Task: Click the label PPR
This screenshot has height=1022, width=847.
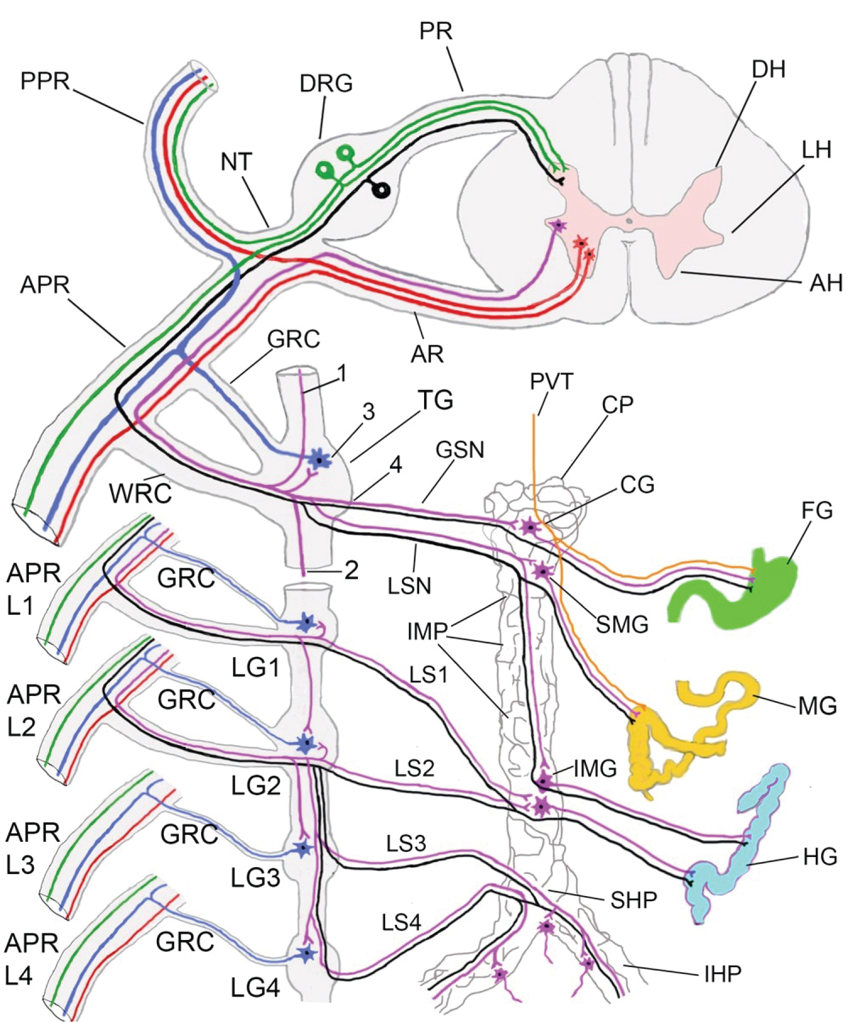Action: coord(45,81)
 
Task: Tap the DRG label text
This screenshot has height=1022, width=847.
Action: coord(326,84)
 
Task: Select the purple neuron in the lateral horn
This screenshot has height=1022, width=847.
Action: coord(558,225)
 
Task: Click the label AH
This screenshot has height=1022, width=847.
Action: coord(825,282)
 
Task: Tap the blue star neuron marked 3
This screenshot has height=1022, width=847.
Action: coord(320,460)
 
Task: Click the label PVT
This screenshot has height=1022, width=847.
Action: coord(551,382)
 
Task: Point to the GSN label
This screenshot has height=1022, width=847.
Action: coord(460,450)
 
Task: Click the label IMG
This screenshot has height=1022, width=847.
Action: coord(595,768)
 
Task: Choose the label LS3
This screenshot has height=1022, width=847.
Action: coord(405,843)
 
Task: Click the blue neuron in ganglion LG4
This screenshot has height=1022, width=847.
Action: coord(307,954)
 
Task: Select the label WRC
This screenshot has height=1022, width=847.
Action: coord(141,493)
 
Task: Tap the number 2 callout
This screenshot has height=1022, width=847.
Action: coord(351,571)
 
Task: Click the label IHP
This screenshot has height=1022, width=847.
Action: coord(722,973)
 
